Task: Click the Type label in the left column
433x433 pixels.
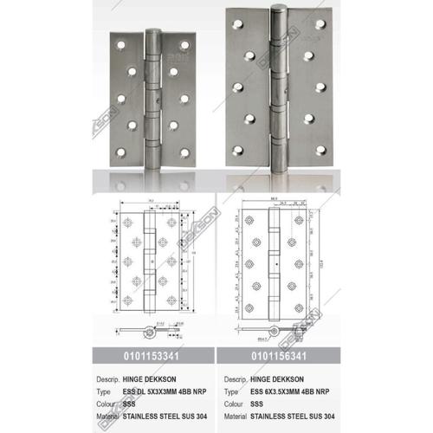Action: pos(107,391)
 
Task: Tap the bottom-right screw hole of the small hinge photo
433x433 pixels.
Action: pos(184,153)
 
